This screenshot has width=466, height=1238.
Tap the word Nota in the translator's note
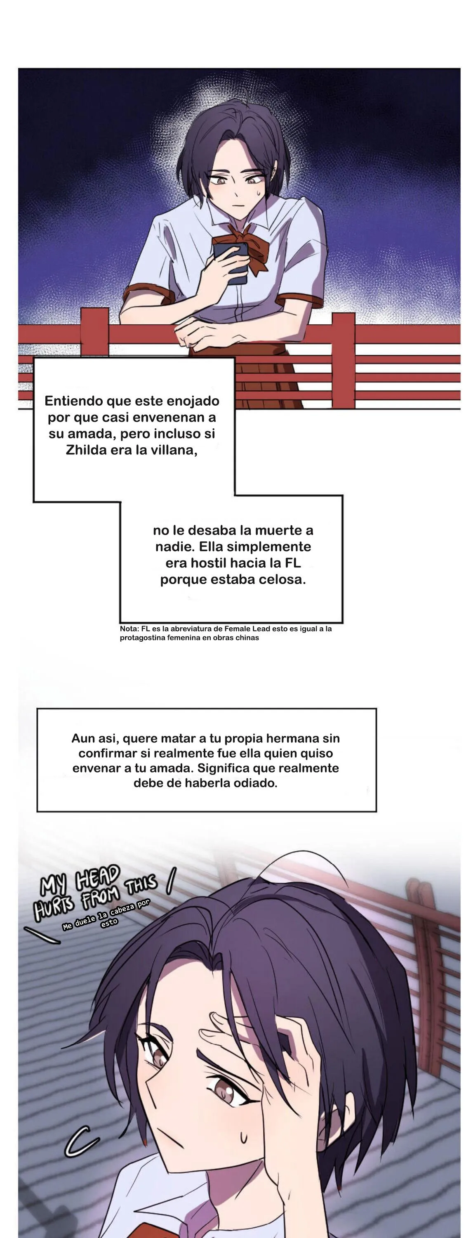(x=129, y=628)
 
